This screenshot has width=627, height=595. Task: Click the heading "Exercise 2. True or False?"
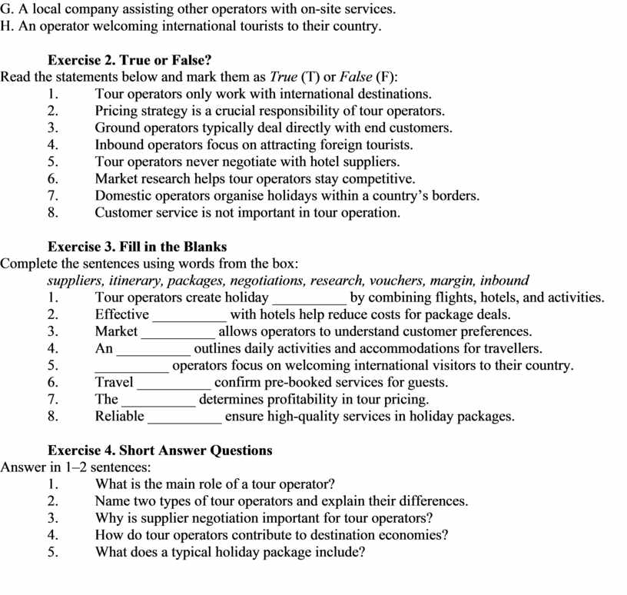coord(118,60)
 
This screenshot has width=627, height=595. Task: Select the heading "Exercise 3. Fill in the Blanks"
coord(137,247)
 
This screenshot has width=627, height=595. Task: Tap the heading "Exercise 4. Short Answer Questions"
coord(160,450)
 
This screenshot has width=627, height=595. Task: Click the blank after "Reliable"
coord(184,417)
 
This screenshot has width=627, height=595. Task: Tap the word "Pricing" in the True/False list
coord(116,111)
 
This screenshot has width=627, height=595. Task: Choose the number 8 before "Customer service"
coord(52,213)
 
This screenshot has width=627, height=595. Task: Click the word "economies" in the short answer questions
coord(417,535)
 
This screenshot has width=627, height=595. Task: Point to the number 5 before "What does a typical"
coord(52,552)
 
